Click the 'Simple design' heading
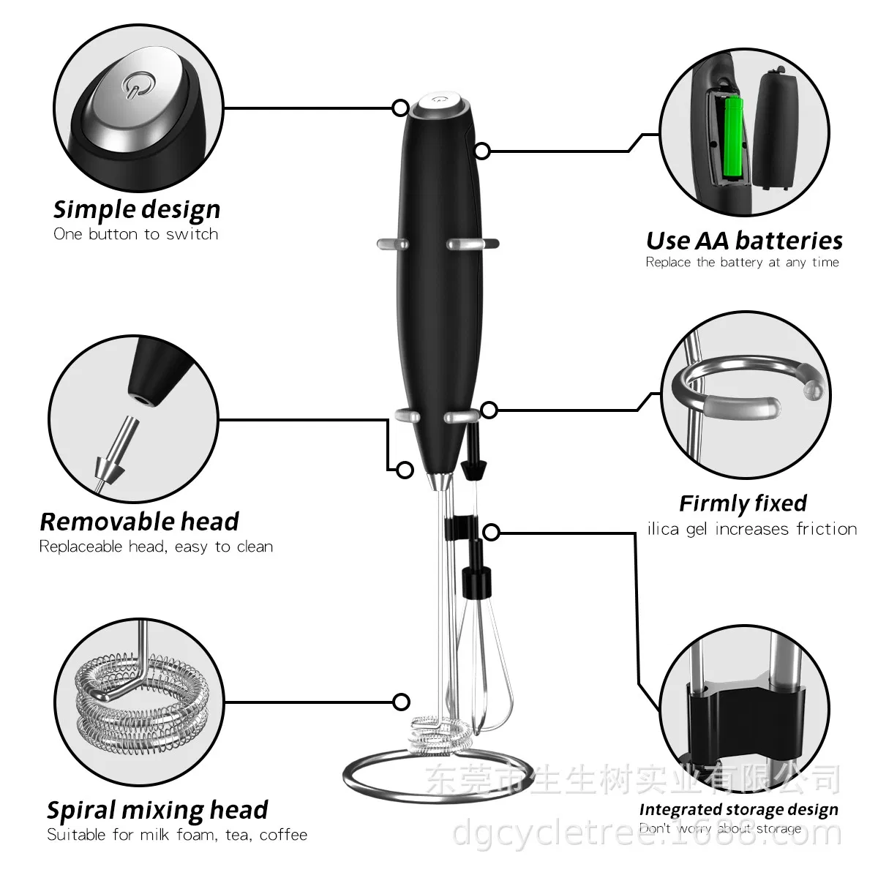136,209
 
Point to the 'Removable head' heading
139,522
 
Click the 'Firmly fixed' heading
743,503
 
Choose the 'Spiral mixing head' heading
157,810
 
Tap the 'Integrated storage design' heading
738,809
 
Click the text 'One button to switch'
136,234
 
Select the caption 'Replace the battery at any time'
742,262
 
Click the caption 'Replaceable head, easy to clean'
156,547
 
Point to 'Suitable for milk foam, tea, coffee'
177,835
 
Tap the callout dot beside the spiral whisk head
401,702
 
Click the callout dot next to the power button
400,108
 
